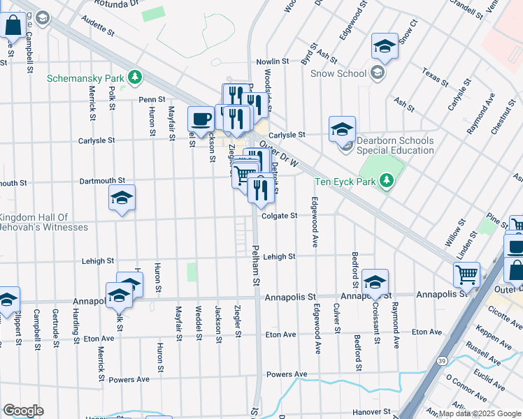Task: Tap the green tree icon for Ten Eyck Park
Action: click(386, 182)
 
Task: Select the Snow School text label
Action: click(338, 73)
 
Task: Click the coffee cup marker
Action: click(201, 118)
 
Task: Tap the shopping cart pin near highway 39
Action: click(466, 274)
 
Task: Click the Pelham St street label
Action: click(256, 265)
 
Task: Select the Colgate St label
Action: click(280, 216)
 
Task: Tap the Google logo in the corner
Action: click(23, 410)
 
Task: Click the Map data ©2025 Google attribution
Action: click(479, 413)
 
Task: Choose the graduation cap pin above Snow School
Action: click(384, 46)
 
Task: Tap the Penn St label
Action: click(151, 100)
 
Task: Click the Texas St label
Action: click(434, 77)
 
